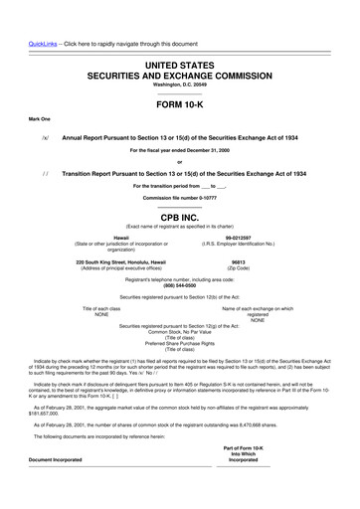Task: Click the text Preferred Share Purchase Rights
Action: pos(179,342)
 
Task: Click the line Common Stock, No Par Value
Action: pos(179,330)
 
